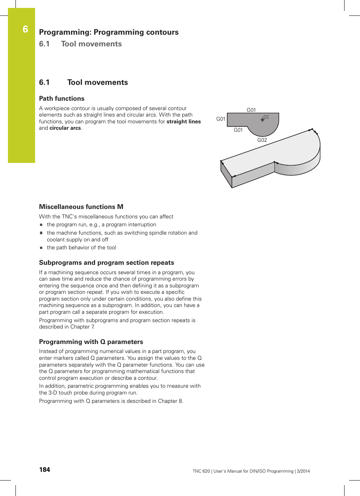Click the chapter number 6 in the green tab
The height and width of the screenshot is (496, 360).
(25, 29)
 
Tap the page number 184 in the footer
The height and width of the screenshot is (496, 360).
(45, 470)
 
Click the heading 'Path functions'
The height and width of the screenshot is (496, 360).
(62, 98)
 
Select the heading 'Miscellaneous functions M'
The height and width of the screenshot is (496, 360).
(81, 207)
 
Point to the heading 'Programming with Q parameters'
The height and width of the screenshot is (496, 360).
(91, 342)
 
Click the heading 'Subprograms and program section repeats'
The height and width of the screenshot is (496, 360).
(106, 263)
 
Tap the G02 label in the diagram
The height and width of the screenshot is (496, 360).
(262, 140)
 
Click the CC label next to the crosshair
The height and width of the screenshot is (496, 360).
(266, 117)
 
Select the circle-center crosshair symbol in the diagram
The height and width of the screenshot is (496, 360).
(262, 120)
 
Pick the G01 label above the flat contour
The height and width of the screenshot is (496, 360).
(251, 110)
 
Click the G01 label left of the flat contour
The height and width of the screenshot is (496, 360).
(221, 119)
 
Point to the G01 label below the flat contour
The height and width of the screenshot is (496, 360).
(238, 130)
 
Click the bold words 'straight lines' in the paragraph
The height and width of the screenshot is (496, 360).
(183, 121)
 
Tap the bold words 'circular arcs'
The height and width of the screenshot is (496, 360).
(65, 128)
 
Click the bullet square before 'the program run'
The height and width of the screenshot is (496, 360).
(42, 225)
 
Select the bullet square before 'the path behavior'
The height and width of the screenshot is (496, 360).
(42, 248)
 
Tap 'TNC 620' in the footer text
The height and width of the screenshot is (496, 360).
(201, 471)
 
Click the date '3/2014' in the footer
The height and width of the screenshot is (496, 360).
(303, 471)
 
